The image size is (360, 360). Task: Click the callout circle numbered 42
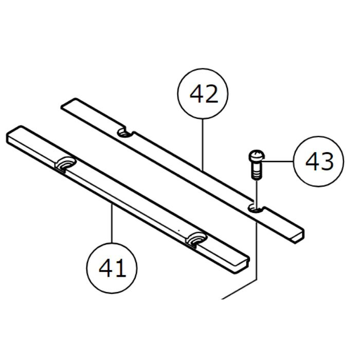pyautogui.click(x=203, y=95)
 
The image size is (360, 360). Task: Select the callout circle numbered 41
pyautogui.click(x=112, y=268)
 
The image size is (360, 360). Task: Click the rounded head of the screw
pyautogui.click(x=255, y=153)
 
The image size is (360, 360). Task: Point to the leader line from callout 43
pyautogui.click(x=278, y=161)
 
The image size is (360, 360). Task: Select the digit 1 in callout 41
pyautogui.click(x=119, y=268)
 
